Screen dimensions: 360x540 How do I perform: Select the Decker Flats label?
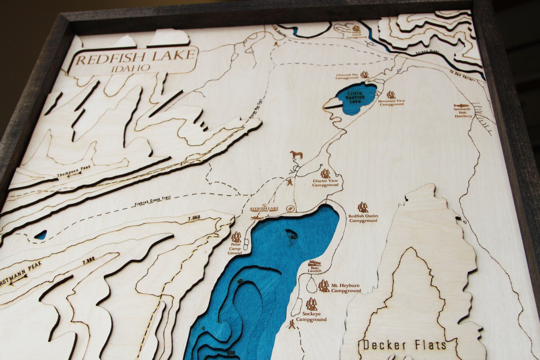coord(405,345)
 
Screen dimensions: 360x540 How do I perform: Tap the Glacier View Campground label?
coord(325,183)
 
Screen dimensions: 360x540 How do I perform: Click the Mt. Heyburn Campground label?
coord(346,288)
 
